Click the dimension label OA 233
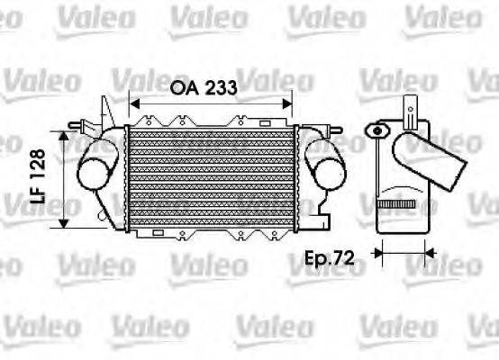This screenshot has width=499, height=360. pos(204,88)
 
